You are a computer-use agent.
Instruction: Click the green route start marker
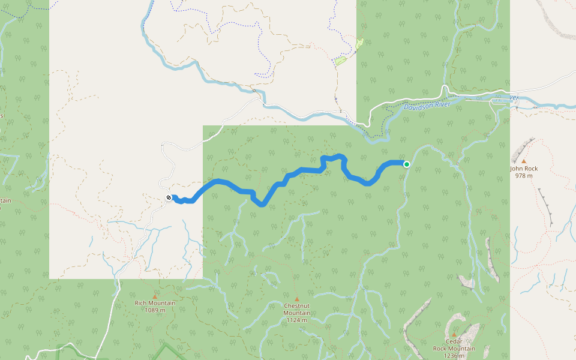point(407,164)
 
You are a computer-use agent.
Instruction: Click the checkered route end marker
point(169,198)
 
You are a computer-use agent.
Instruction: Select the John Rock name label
point(524,169)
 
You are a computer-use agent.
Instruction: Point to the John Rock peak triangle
point(524,161)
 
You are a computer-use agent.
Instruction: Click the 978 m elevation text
point(524,175)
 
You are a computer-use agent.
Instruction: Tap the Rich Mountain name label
point(155,303)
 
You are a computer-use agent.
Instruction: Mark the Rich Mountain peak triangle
point(155,296)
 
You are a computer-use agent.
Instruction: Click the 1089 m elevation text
point(155,310)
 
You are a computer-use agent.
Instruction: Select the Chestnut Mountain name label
point(297,310)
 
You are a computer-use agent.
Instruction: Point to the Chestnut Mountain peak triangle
point(296,299)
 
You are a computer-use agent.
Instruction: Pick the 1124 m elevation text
point(297,320)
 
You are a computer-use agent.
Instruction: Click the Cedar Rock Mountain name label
point(454,345)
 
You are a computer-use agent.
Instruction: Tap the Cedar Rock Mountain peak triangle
point(454,335)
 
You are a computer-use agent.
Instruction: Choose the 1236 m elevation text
point(454,355)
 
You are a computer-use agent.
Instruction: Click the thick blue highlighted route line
point(300,172)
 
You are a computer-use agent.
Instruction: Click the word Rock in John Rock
point(530,169)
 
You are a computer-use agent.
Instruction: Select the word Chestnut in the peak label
point(297,306)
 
